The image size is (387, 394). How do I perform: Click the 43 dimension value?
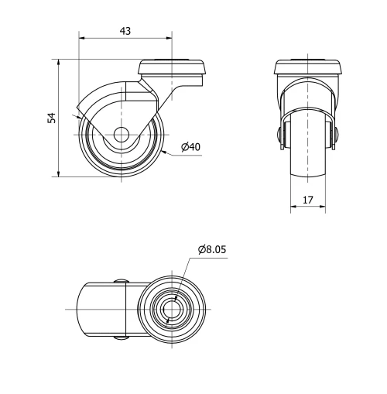coord(125,30)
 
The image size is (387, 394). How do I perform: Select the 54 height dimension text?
coord(52,118)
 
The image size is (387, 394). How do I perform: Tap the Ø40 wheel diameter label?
coord(190,146)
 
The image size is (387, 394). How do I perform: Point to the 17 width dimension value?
coord(307,200)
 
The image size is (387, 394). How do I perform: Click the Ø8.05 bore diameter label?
coord(212,249)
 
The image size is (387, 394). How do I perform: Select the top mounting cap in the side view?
coord(173,67)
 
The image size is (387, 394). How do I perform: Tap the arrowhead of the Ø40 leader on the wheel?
coord(164,152)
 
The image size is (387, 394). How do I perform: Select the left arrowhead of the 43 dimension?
coord(81,37)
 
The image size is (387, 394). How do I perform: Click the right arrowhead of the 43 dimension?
coord(169,37)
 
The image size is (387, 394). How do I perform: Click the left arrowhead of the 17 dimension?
coord(293,207)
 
